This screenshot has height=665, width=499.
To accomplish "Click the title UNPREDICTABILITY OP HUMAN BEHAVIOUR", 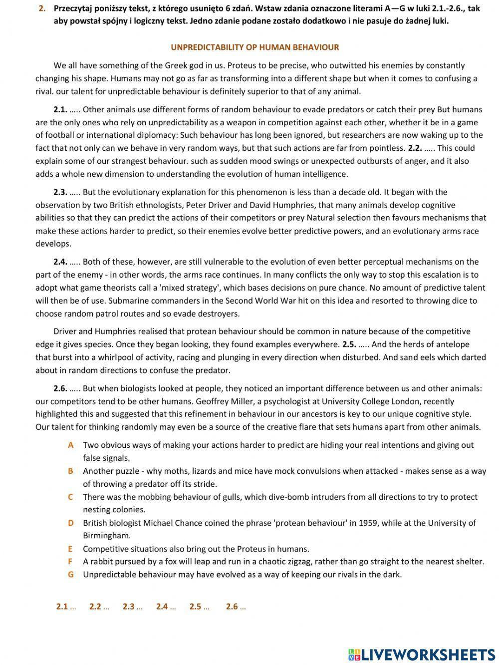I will coord(254,47).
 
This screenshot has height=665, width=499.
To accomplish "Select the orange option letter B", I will coord(71,471).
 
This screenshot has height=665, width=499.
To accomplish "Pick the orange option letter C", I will coord(71,497).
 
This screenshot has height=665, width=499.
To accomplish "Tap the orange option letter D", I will coord(71,523).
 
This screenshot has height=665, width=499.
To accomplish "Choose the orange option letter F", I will coord(71,562).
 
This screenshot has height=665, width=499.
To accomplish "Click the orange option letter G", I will coord(71,575).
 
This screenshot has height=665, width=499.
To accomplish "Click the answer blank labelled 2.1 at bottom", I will coord(66,607).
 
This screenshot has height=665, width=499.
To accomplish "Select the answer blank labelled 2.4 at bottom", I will coord(166,607).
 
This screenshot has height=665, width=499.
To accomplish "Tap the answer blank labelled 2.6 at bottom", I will coord(236,607).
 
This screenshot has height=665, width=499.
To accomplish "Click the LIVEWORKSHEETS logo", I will coord(422,655).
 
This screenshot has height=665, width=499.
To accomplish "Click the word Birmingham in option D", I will coord(107,536).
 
